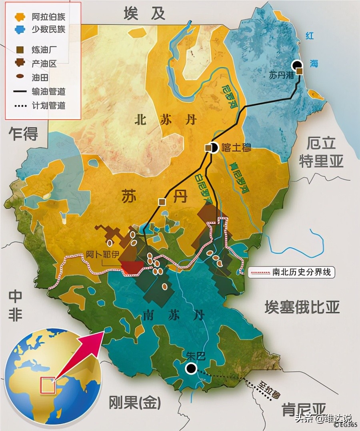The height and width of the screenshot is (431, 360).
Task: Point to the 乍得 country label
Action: pyautogui.click(x=23, y=134)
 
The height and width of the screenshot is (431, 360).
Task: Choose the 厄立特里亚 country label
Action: pyautogui.click(x=322, y=152)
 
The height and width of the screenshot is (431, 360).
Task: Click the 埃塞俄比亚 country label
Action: pyautogui.click(x=302, y=307)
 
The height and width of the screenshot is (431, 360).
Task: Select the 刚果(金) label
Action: pyautogui.click(x=135, y=403)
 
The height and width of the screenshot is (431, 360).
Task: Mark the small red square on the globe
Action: pyautogui.click(x=48, y=385)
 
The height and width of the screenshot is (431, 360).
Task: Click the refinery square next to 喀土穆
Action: pyautogui.click(x=208, y=148)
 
